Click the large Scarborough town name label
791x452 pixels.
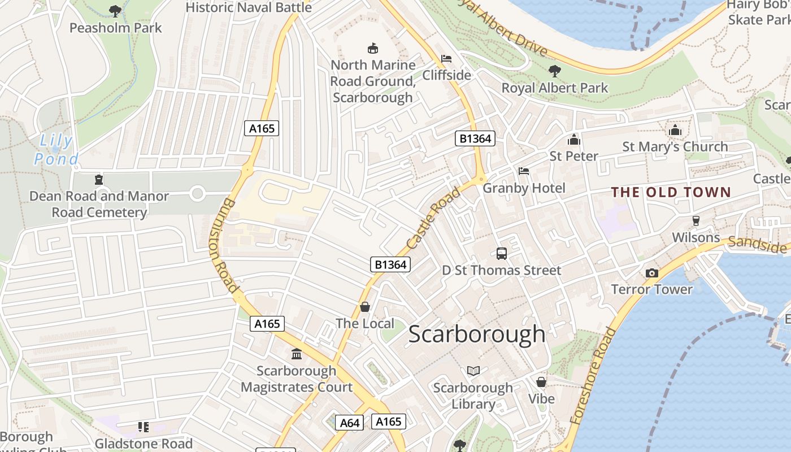476,334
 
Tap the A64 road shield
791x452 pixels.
350,423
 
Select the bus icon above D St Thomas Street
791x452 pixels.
501,253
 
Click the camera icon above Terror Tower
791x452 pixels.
651,273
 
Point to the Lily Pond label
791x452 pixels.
56,150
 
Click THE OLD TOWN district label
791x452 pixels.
671,192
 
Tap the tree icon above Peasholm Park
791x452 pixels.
115,11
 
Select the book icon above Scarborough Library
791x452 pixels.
473,371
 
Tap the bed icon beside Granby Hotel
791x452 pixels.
524,171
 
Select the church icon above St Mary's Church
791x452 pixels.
675,131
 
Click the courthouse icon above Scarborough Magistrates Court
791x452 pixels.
296,354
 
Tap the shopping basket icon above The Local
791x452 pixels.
365,307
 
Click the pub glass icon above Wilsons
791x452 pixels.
696,220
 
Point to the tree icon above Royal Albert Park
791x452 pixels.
555,71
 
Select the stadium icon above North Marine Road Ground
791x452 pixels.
372,48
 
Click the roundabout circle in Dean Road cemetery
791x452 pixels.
197,194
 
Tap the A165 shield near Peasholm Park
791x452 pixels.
262,128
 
